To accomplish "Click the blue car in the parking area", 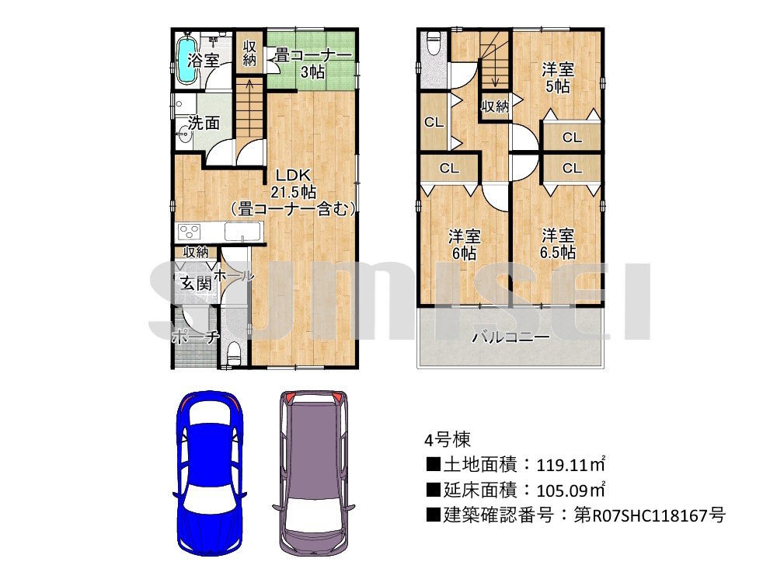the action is click(210, 473).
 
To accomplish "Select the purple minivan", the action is click(313, 473).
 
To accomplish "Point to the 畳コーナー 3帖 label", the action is click(312, 63).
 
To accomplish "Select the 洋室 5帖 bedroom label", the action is click(557, 78).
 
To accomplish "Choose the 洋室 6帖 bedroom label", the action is click(465, 244).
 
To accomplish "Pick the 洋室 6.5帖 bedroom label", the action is click(557, 243).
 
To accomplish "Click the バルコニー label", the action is click(510, 337).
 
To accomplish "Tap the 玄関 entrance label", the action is click(197, 284).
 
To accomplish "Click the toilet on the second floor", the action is click(434, 43).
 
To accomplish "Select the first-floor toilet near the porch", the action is click(233, 354).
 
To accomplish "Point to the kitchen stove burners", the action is click(190, 232).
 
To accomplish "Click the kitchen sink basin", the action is click(242, 232).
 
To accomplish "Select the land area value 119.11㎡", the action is click(571, 465).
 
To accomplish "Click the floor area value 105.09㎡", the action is click(571, 490).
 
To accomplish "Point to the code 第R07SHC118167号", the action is click(650, 515).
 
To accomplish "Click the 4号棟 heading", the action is click(447, 439).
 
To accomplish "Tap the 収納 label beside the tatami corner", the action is click(249, 53).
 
